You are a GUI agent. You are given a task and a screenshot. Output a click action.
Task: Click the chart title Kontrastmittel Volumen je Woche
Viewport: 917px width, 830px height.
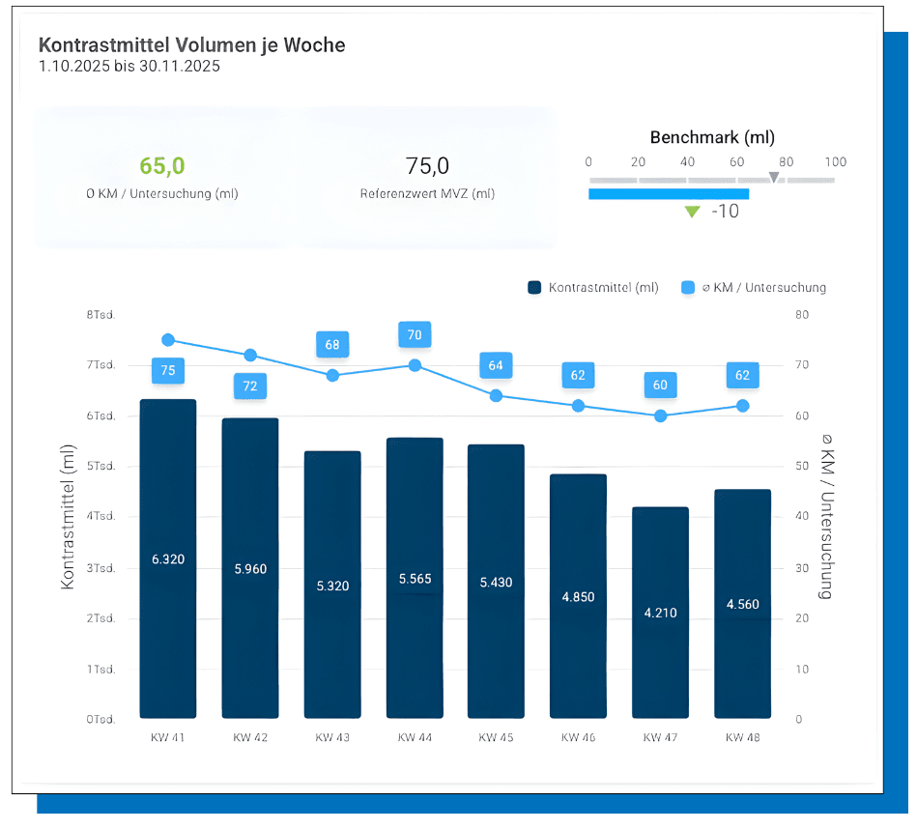(x=191, y=45)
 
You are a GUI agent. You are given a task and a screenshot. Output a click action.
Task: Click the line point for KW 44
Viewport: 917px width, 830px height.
(x=415, y=365)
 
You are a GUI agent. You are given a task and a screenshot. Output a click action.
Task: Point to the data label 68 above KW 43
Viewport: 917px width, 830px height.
(x=332, y=344)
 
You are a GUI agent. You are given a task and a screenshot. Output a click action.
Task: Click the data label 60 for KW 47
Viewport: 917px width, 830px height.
(x=660, y=385)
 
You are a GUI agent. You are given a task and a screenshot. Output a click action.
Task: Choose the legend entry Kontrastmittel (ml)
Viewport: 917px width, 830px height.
(x=593, y=287)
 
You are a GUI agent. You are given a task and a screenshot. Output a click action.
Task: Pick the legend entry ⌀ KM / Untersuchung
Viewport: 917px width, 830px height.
(x=754, y=287)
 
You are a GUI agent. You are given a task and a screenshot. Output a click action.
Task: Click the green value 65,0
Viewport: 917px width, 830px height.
(x=161, y=166)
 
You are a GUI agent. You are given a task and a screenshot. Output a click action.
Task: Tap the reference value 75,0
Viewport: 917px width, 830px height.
(x=427, y=166)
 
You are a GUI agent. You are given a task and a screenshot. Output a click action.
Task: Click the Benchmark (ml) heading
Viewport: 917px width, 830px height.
(x=712, y=137)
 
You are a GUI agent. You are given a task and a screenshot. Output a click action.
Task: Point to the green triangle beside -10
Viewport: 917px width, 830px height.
(x=692, y=212)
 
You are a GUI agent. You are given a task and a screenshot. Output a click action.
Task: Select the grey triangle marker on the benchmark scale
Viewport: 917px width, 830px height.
(x=773, y=177)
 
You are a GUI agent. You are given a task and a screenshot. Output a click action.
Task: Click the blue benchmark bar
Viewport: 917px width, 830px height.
(x=668, y=194)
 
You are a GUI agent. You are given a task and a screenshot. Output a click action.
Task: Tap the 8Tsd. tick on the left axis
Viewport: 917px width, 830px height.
(x=100, y=314)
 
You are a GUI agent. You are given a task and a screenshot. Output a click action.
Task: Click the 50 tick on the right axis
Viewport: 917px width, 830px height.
(x=799, y=467)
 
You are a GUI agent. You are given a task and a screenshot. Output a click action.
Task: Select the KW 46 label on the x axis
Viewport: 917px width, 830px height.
(x=578, y=737)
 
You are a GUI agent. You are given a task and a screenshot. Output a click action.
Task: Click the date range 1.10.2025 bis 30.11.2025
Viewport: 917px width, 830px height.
(x=129, y=67)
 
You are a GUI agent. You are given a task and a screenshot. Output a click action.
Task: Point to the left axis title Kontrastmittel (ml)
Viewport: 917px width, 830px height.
(x=68, y=517)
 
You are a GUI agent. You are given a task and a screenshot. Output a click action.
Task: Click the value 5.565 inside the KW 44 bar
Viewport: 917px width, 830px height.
(x=415, y=579)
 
